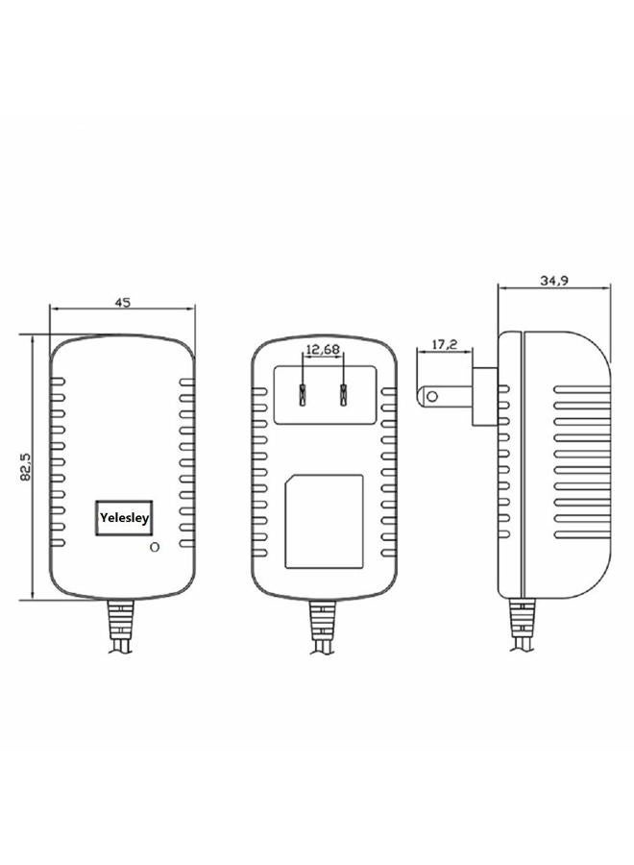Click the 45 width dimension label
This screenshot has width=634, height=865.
coord(122,303)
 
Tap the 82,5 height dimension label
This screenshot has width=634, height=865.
coord(26,466)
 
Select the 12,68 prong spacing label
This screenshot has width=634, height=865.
coord(323,349)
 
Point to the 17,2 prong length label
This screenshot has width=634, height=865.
coord(445,345)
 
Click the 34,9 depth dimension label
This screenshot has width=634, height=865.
coord(554,281)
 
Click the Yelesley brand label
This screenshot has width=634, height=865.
coord(124,518)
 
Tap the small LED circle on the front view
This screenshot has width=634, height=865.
coord(155,547)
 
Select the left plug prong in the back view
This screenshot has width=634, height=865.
coord(303,394)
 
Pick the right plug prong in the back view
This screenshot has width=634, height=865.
coord(343,394)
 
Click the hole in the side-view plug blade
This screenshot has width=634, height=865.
coord(433,396)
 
